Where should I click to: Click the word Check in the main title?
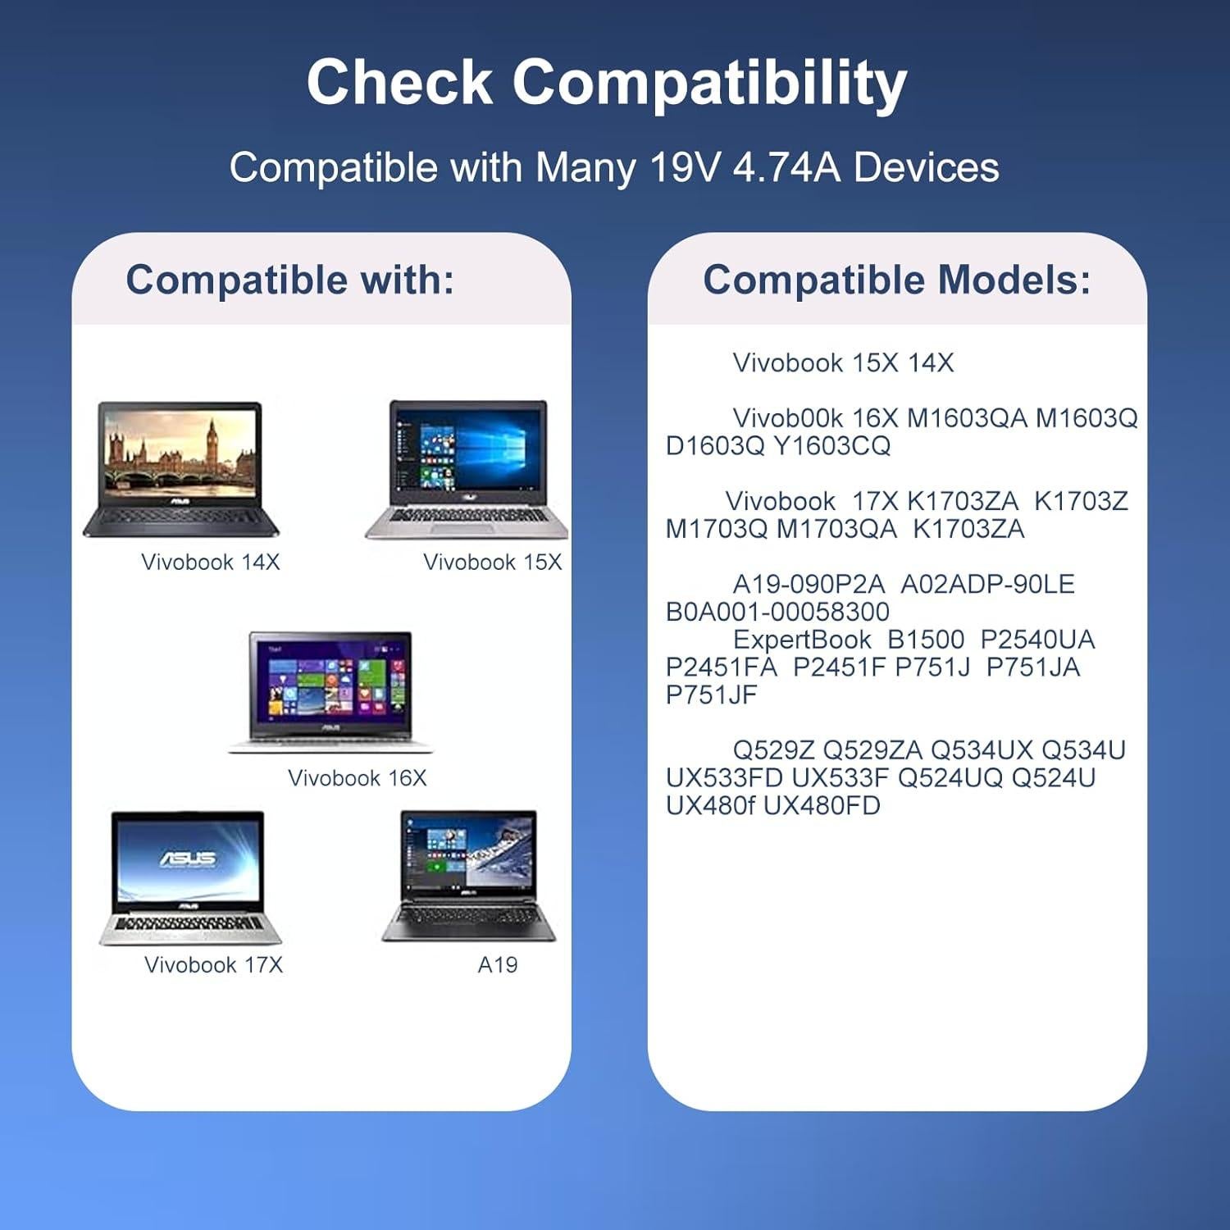[x=399, y=82]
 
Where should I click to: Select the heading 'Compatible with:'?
[x=289, y=280]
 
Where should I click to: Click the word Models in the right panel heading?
[x=1014, y=280]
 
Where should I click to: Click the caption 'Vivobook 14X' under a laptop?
[x=211, y=562]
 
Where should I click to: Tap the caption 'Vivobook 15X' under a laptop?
[x=493, y=562]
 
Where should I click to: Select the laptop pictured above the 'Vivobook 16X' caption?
[x=330, y=692]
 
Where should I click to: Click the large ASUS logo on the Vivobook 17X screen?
[x=188, y=859]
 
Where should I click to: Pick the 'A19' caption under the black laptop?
[x=498, y=964]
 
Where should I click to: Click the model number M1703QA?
[x=837, y=529]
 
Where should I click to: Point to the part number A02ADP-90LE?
[x=988, y=584]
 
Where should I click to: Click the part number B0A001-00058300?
[x=778, y=612]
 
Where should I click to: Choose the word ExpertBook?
[x=802, y=640]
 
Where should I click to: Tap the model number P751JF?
[x=712, y=695]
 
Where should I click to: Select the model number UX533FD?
[x=725, y=777]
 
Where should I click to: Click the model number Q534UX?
[x=982, y=750]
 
